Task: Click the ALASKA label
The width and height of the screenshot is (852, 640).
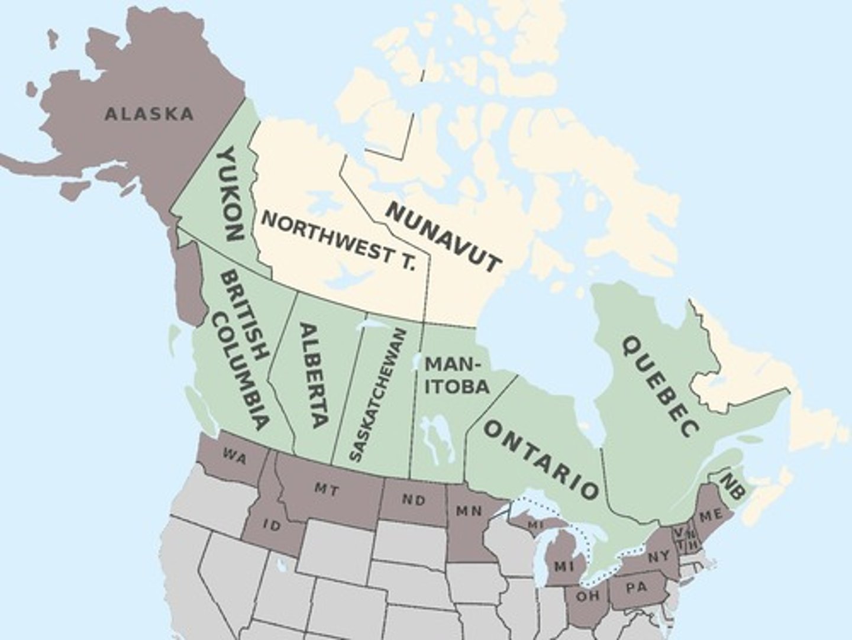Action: [x=149, y=114]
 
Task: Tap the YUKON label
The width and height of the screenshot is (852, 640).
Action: [x=230, y=193]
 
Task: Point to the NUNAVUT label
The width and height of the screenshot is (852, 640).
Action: [x=443, y=236]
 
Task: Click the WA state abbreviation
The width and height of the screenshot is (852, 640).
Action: [x=235, y=457]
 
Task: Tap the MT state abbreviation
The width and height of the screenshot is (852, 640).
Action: [x=326, y=489]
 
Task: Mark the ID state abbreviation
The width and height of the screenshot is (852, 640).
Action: [x=272, y=525]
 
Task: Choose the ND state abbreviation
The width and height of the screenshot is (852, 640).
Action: [x=414, y=500]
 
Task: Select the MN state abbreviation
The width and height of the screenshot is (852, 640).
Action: [x=469, y=510]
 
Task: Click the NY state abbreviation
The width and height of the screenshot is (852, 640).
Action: [x=659, y=557]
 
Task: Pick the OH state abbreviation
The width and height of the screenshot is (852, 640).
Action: [x=588, y=596]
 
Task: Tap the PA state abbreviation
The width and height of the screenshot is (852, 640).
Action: [x=635, y=588]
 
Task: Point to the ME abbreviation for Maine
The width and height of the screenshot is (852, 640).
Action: [x=710, y=516]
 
